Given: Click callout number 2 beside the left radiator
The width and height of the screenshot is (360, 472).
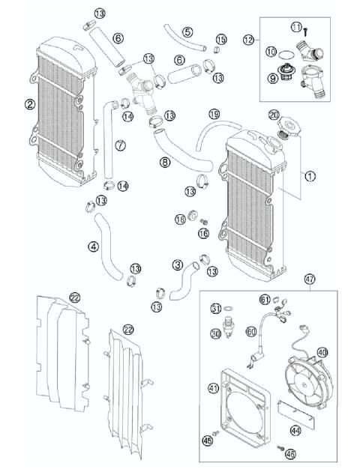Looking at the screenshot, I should pos(29,104).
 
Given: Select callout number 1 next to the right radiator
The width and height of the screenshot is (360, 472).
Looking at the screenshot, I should pos(310,176).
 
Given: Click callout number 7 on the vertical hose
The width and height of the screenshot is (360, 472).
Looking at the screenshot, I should pos(121,144).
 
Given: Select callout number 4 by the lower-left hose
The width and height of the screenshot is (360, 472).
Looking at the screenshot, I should pos(93,245).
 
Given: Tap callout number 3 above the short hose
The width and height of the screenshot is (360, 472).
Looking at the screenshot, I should pos(177,264).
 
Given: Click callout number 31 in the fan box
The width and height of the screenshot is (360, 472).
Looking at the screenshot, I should pos(215,309).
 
